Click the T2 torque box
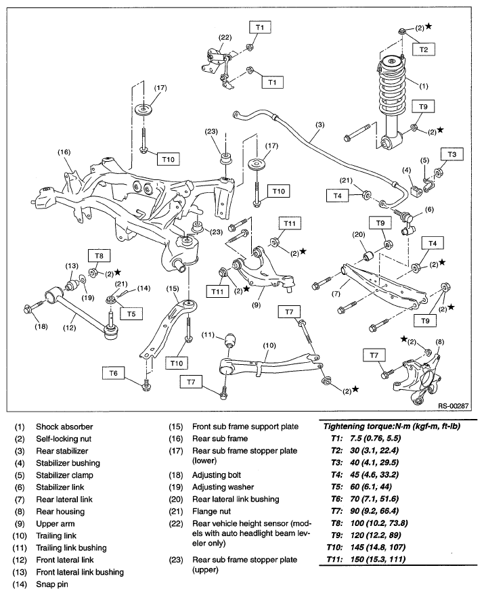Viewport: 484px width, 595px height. [x=424, y=49]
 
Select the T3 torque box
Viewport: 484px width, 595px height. [x=452, y=154]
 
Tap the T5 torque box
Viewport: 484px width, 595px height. [x=131, y=314]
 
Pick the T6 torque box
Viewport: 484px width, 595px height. [x=113, y=374]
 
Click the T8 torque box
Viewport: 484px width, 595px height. [x=99, y=256]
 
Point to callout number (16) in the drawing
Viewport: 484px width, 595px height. [x=64, y=152]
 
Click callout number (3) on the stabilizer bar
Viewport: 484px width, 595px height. [x=320, y=125]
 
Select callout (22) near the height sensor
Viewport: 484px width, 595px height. [x=225, y=37]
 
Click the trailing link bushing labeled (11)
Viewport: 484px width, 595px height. [x=230, y=340]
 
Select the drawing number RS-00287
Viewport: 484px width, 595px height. [x=454, y=405]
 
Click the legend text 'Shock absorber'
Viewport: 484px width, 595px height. [x=64, y=426]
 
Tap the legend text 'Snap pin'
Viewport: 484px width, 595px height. [x=52, y=584]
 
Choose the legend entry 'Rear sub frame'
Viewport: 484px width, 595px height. [x=220, y=439]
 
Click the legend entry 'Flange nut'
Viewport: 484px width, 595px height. [x=211, y=511]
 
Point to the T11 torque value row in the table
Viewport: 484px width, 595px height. [x=366, y=559]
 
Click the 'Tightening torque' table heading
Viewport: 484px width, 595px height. [x=392, y=426]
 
